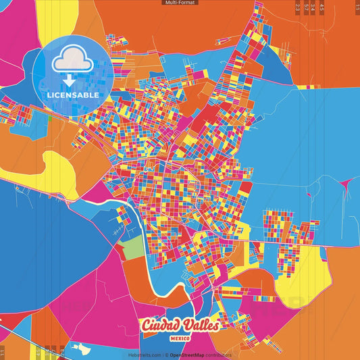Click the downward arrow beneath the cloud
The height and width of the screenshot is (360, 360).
coord(68,80)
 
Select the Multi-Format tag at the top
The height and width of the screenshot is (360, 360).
coord(180,3)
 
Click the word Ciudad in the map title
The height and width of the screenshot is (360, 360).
coord(161,326)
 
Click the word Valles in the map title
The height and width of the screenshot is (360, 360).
coord(200,326)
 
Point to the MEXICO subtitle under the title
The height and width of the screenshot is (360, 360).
coord(180,337)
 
